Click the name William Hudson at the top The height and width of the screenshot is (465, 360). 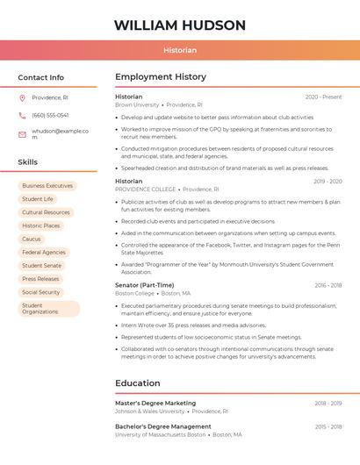[x=180, y=25]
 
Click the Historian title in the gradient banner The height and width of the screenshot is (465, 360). [x=180, y=51]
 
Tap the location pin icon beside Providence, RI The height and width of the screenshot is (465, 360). [x=22, y=97]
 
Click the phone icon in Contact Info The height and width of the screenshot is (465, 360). [x=22, y=116]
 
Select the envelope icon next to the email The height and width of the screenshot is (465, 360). [x=22, y=134]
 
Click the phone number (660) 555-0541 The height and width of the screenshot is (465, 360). [x=50, y=116]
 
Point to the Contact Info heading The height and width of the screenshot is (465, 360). [x=41, y=77]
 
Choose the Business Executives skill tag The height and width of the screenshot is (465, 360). [x=47, y=186]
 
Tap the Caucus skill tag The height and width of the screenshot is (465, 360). [x=32, y=239]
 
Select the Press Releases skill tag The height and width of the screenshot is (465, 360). [x=41, y=279]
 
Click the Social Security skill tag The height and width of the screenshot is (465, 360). [x=41, y=292]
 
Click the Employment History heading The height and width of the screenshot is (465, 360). [x=161, y=77]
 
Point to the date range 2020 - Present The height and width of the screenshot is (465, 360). [x=323, y=97]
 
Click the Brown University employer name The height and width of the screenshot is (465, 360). [x=137, y=104]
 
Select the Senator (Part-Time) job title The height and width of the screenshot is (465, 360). [x=145, y=285]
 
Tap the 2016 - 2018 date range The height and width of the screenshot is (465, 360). [x=328, y=285]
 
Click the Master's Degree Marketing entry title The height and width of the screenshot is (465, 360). [x=155, y=403]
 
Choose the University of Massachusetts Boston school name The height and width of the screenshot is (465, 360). [x=161, y=434]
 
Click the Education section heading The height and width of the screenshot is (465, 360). [x=138, y=383]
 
